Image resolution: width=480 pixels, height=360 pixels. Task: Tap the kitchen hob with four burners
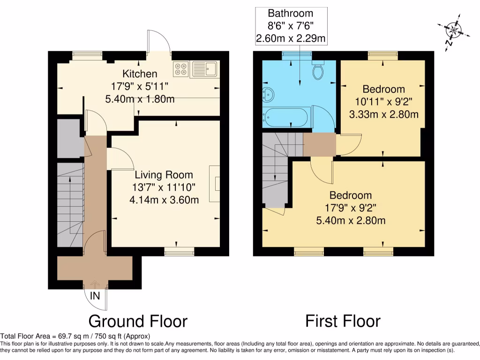click(x=180, y=69)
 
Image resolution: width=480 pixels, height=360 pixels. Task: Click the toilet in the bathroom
click(x=318, y=71)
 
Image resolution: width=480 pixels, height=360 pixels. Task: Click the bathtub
click(x=286, y=117)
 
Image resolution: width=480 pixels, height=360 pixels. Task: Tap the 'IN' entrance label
click(x=95, y=296)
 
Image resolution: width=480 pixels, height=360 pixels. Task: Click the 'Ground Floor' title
click(x=138, y=321)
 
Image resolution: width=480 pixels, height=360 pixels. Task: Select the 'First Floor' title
click(x=343, y=321)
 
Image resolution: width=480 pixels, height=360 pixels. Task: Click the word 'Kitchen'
click(x=140, y=74)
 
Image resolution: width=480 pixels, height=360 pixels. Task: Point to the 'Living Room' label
click(x=164, y=175)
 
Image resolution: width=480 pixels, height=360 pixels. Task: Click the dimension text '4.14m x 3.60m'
click(x=164, y=200)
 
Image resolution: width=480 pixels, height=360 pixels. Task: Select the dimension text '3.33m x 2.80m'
click(x=383, y=114)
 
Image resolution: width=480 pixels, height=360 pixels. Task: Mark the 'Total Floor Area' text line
click(x=75, y=336)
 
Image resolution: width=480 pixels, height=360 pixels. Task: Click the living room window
click(x=179, y=252)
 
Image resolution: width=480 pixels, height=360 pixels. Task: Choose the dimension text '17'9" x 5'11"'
click(x=140, y=86)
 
